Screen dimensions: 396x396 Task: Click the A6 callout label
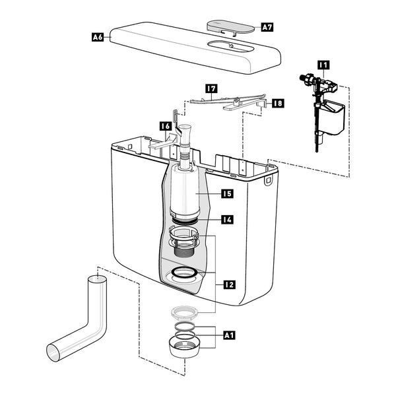98,37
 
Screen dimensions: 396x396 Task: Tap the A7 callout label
267,27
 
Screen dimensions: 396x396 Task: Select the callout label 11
323,65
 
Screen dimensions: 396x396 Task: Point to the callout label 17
211,88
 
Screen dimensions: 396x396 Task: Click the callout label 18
278,104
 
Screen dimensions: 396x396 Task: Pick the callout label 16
166,126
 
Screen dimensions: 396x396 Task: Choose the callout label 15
227,193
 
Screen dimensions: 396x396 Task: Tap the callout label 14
227,220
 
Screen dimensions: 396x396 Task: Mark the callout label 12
229,285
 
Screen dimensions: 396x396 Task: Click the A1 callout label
229,335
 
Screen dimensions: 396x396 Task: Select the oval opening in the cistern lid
228,46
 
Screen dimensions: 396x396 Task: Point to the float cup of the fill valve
332,117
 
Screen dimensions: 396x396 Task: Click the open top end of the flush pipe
97,279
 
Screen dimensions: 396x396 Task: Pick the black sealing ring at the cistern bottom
184,273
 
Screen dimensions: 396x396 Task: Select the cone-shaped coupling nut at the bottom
184,347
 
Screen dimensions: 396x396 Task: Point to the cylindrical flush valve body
184,192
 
